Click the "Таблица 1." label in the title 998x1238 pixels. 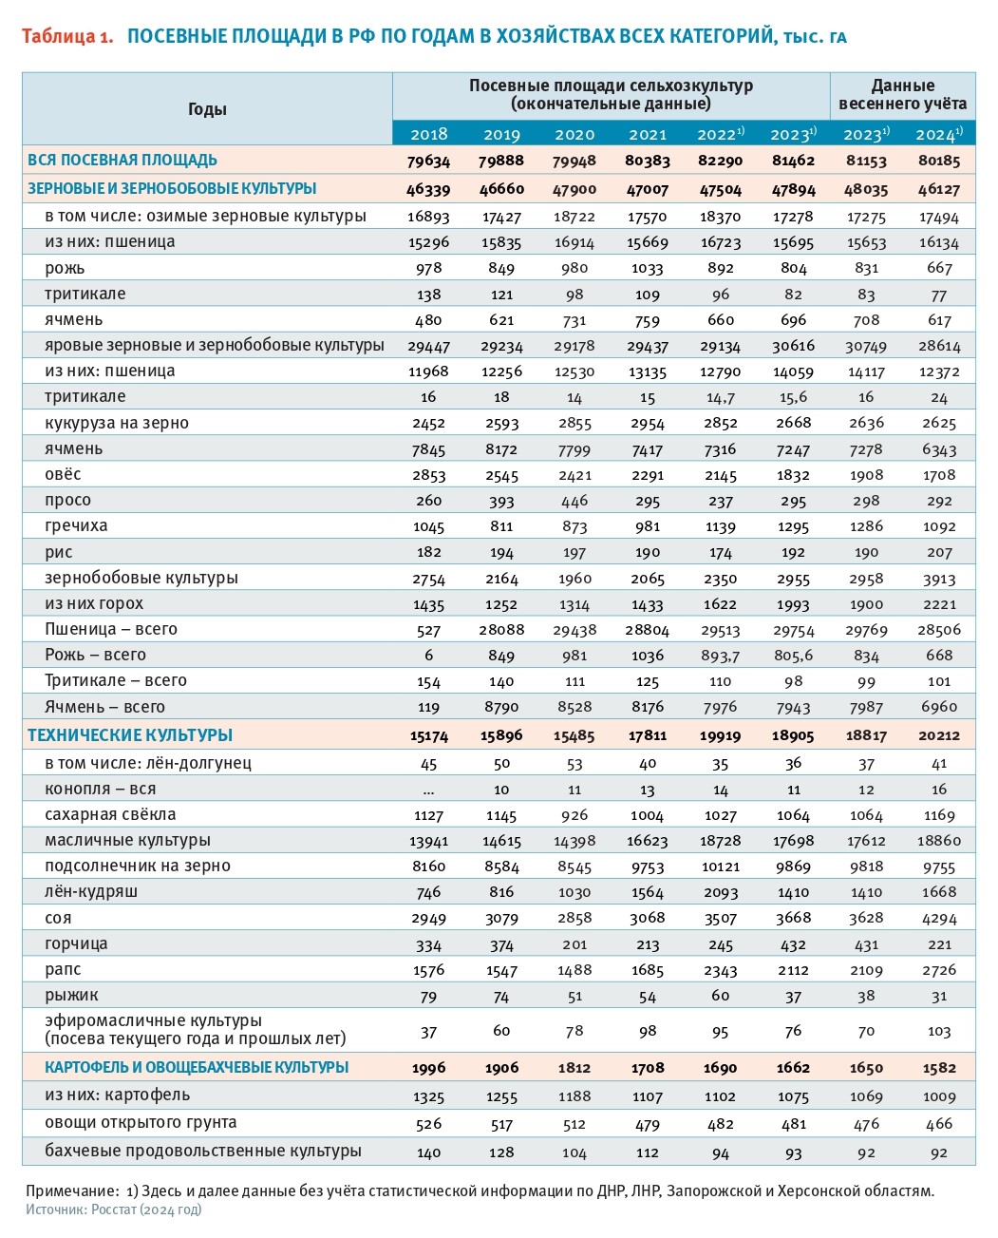pos(67,36)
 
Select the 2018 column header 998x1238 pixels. pos(428,134)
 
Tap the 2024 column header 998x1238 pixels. pos(939,134)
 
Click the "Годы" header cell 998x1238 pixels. pos(207,108)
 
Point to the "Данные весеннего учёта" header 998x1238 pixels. pos(903,95)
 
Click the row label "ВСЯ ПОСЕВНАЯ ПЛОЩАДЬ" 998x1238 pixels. pos(122,160)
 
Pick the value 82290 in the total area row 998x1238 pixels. pos(720,161)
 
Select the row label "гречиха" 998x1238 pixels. pos(76,525)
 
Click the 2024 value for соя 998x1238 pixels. pos(939,918)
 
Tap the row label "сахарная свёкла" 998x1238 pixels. pos(110,814)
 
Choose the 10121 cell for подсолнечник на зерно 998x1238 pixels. pos(720,867)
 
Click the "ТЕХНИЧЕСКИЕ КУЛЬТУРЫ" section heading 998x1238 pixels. pos(130,735)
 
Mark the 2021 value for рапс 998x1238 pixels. pos(648,970)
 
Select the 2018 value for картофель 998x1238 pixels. pos(428,1096)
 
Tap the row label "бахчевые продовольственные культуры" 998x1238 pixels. pos(203,1151)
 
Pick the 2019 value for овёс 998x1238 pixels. pos(501,475)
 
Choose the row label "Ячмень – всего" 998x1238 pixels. pos(104,707)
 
